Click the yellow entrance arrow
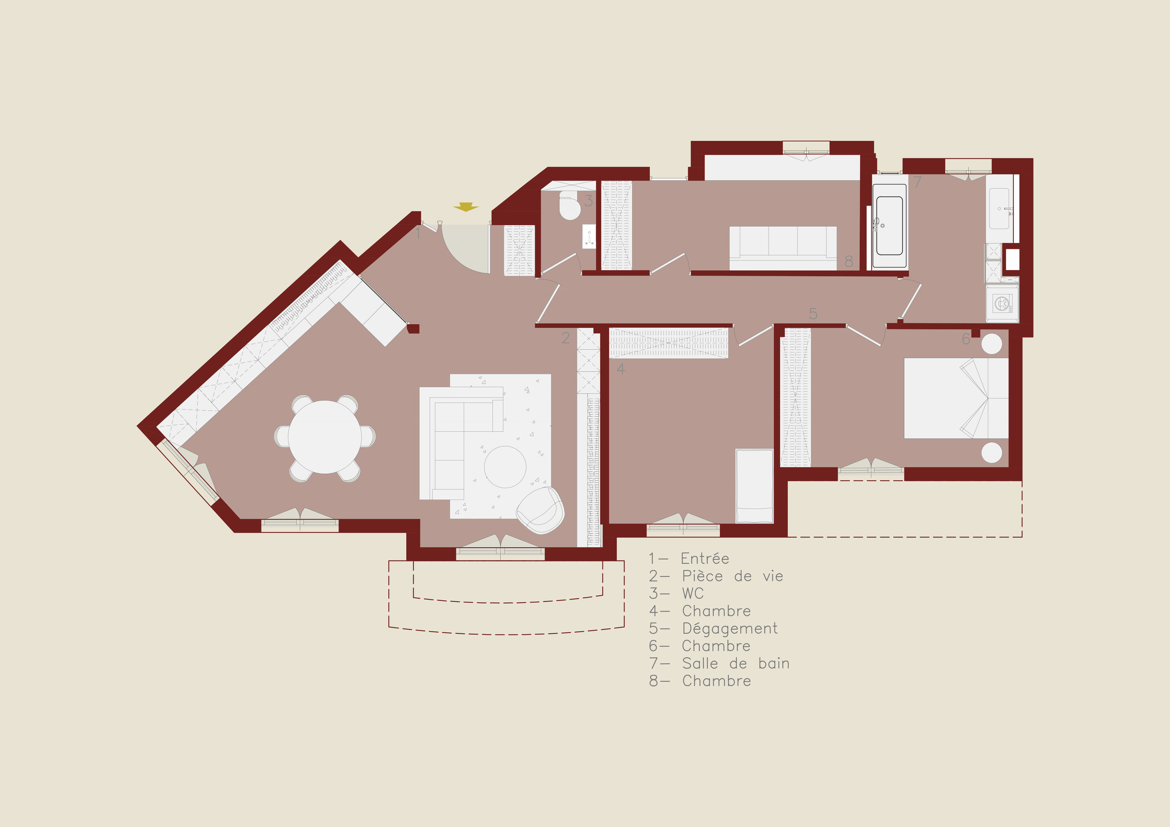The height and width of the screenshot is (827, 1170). (x=466, y=207)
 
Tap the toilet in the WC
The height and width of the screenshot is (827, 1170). (x=569, y=206)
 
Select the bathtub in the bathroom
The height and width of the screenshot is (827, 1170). (x=889, y=226)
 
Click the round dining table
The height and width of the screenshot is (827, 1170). (x=325, y=437)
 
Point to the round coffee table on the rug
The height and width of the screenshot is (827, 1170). (x=505, y=467)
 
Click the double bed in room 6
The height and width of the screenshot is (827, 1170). (x=956, y=398)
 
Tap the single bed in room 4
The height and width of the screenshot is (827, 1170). (x=754, y=486)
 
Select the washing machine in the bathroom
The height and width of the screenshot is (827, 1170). (x=1002, y=304)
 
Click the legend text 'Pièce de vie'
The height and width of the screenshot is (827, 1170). (x=732, y=576)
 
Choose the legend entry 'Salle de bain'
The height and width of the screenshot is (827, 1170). (x=736, y=664)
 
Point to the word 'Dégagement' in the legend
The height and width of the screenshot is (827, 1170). (x=730, y=629)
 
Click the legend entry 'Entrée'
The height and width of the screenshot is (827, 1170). (x=705, y=558)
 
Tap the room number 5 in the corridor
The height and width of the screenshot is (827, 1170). (x=813, y=314)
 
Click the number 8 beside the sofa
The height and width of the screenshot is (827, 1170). (x=848, y=262)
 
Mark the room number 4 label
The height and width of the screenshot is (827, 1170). (x=621, y=369)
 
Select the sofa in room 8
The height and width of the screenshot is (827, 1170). (x=782, y=248)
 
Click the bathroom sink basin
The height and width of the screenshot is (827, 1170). (x=999, y=209)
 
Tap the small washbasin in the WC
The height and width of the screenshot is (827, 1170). (x=589, y=236)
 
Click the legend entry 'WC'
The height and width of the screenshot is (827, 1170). (x=693, y=593)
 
